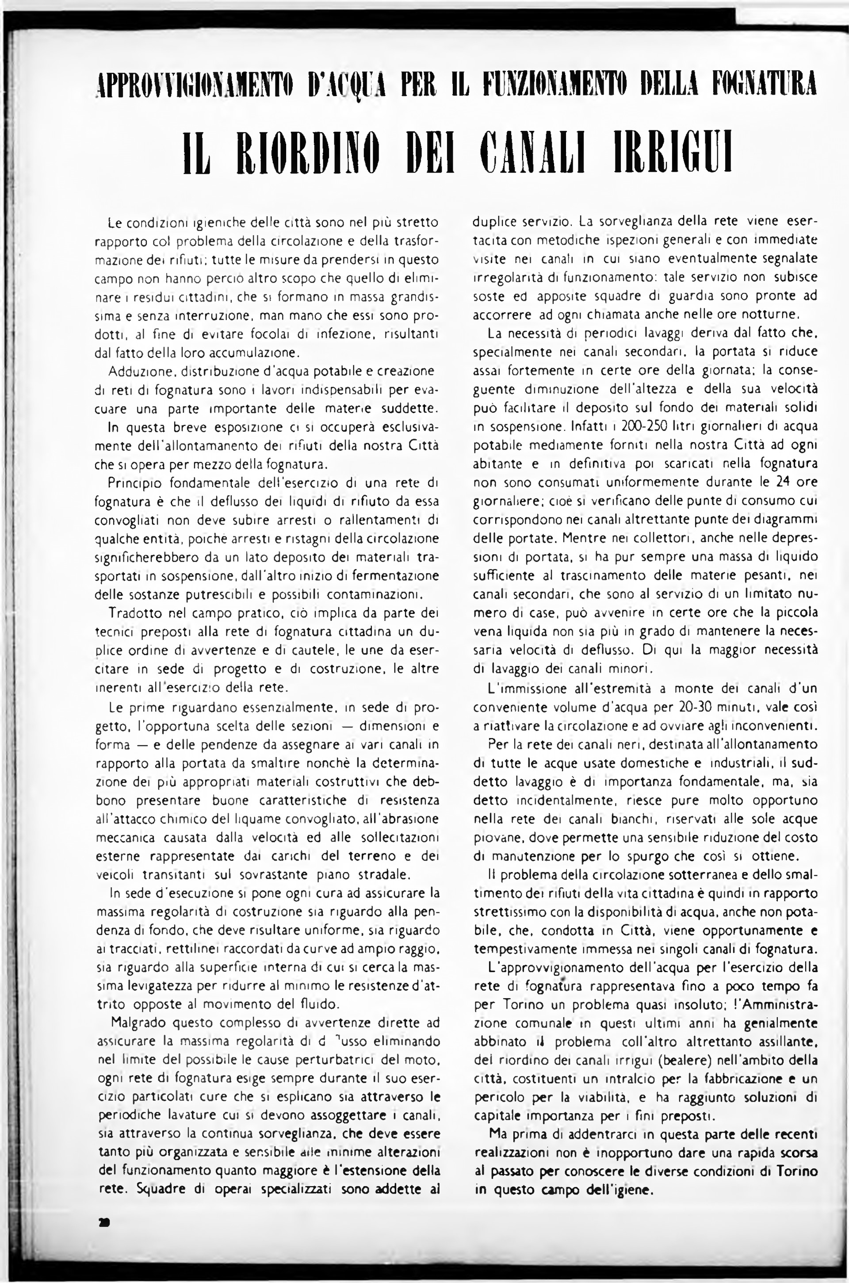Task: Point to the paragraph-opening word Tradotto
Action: (133, 613)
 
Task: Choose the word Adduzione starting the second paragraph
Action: (133, 372)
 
